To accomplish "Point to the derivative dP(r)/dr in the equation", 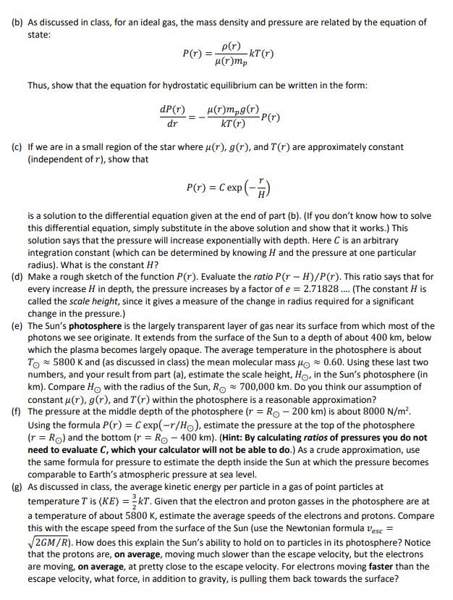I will click(172, 116).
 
